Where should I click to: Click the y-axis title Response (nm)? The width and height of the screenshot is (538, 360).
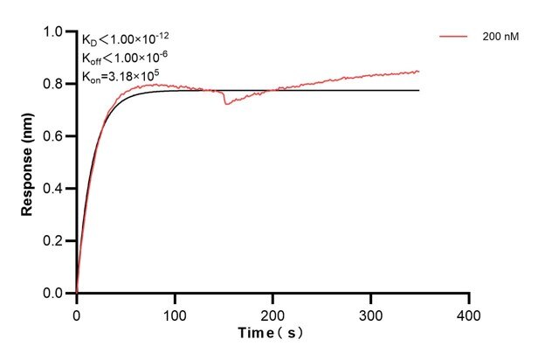[28, 162]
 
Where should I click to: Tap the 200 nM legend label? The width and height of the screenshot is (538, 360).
[501, 37]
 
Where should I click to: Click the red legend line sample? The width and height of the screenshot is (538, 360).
[455, 37]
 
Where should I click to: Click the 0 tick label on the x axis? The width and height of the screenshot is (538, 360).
[77, 313]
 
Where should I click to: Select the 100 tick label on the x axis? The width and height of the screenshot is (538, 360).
[175, 313]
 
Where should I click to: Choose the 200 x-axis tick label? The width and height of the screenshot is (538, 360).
[273, 313]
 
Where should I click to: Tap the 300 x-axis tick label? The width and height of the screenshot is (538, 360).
[371, 313]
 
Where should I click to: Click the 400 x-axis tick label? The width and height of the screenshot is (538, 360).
[470, 313]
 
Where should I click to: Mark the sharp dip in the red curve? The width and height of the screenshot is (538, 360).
[226, 104]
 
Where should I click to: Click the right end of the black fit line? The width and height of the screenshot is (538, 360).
[418, 90]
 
